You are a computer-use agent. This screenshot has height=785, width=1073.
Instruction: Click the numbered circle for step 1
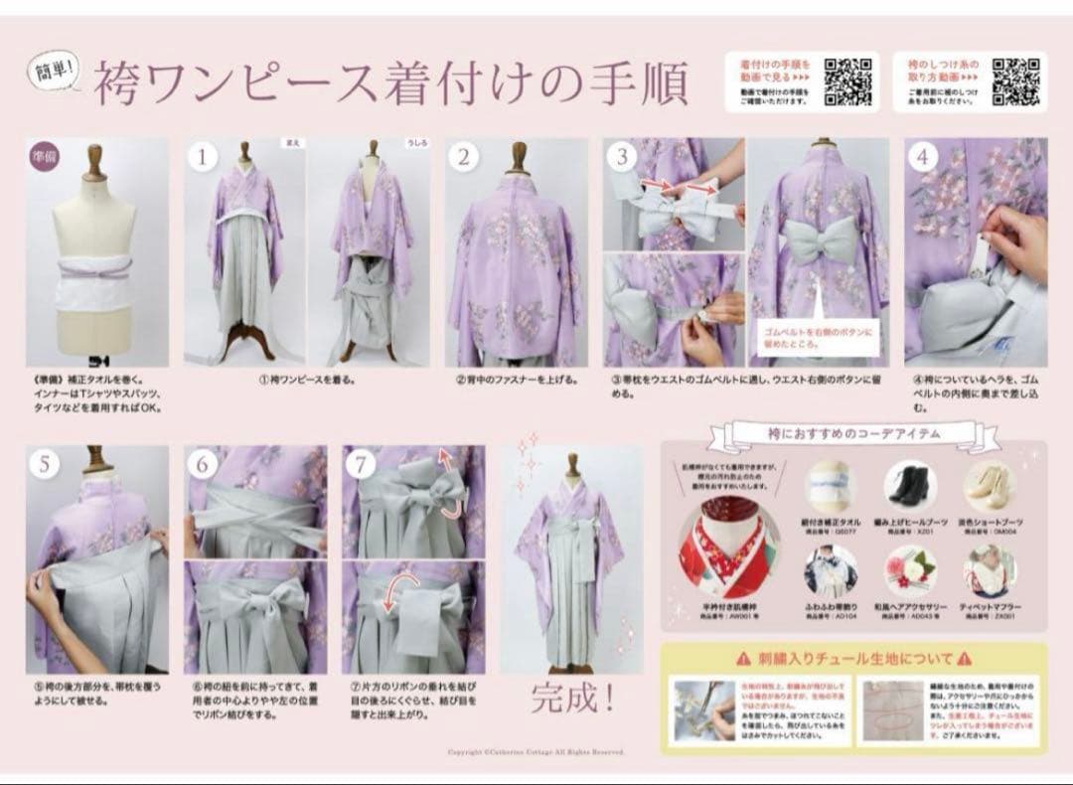point(203,157)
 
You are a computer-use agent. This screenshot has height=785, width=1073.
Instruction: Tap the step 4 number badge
point(923,157)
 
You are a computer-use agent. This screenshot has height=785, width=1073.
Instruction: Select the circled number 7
point(362,464)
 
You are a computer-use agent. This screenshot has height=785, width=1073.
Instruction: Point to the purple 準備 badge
point(44,156)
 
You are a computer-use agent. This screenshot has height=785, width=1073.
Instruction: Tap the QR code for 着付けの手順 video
point(849,81)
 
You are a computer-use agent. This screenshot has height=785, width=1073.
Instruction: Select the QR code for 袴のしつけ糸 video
point(1016,81)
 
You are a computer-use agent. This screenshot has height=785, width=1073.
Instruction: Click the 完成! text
point(571,697)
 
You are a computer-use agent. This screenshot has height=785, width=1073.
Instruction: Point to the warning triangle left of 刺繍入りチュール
point(743,658)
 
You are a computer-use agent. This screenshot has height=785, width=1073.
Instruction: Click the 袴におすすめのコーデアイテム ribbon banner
point(851,433)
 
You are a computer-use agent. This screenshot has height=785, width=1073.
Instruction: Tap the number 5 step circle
point(44,464)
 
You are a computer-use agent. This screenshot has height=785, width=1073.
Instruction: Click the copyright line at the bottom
point(536,752)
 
